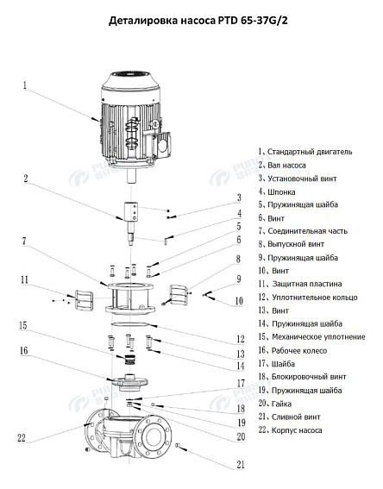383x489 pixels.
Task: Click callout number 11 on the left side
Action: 25,279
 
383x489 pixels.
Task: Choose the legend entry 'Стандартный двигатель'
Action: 308,151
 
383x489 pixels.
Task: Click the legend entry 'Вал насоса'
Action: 288,164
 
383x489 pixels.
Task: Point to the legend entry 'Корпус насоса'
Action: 298,430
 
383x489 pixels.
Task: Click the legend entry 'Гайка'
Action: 281,404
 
